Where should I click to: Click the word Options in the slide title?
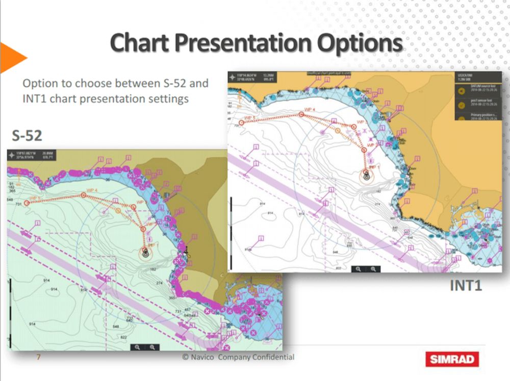tap(360, 43)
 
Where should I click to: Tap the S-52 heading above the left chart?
tap(27, 135)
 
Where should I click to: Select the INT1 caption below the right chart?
tap(466, 286)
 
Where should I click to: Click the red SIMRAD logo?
tap(452, 359)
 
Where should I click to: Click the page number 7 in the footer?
tap(38, 357)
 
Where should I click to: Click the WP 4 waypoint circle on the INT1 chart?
tap(301, 115)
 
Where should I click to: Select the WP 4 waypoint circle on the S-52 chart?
tap(83, 195)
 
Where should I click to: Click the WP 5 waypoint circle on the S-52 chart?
tap(25, 202)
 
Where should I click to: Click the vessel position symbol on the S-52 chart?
tap(146, 252)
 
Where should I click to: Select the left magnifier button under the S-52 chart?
tap(137, 347)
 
